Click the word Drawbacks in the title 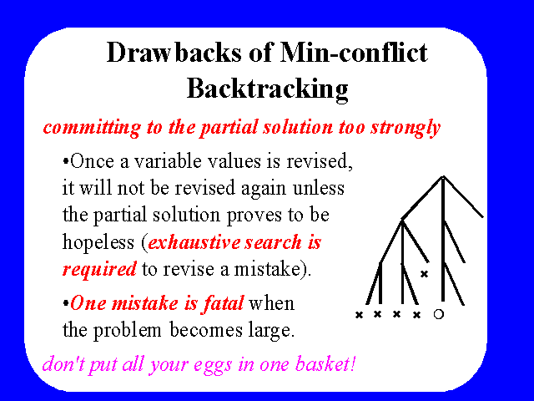pyautogui.click(x=174, y=52)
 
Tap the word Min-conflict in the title pyautogui.click(x=354, y=52)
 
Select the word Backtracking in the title pyautogui.click(x=268, y=89)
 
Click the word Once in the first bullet pyautogui.click(x=92, y=161)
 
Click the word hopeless pyautogui.click(x=98, y=242)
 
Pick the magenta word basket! pyautogui.click(x=325, y=363)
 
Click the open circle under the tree pyautogui.click(x=439, y=314)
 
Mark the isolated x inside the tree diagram pyautogui.click(x=424, y=273)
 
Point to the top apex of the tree pyautogui.click(x=443, y=176)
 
